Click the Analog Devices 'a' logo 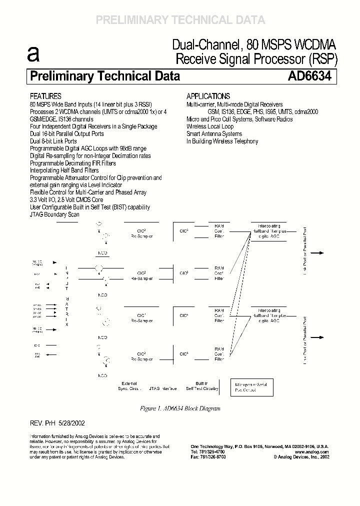(x=33, y=54)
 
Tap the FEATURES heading (x=45, y=96)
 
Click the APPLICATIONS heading (x=208, y=96)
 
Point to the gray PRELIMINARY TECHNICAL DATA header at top (x=180, y=20)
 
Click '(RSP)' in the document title (x=323, y=59)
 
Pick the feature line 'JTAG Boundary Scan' (x=54, y=214)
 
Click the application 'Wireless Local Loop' (x=210, y=127)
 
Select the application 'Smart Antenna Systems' (x=214, y=134)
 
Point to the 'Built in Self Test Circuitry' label (x=202, y=386)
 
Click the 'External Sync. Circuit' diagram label (x=129, y=386)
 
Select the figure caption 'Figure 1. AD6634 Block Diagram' (x=180, y=408)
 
